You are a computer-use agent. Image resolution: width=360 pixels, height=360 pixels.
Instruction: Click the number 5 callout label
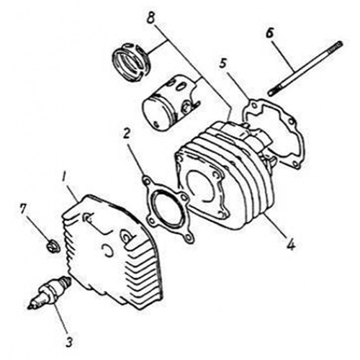tap(224, 64)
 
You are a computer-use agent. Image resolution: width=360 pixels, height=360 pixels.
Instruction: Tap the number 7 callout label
tap(24, 209)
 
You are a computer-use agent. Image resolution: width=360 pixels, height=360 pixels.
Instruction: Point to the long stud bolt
tap(302, 68)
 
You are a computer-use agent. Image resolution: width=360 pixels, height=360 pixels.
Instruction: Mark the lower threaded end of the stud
tap(274, 92)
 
